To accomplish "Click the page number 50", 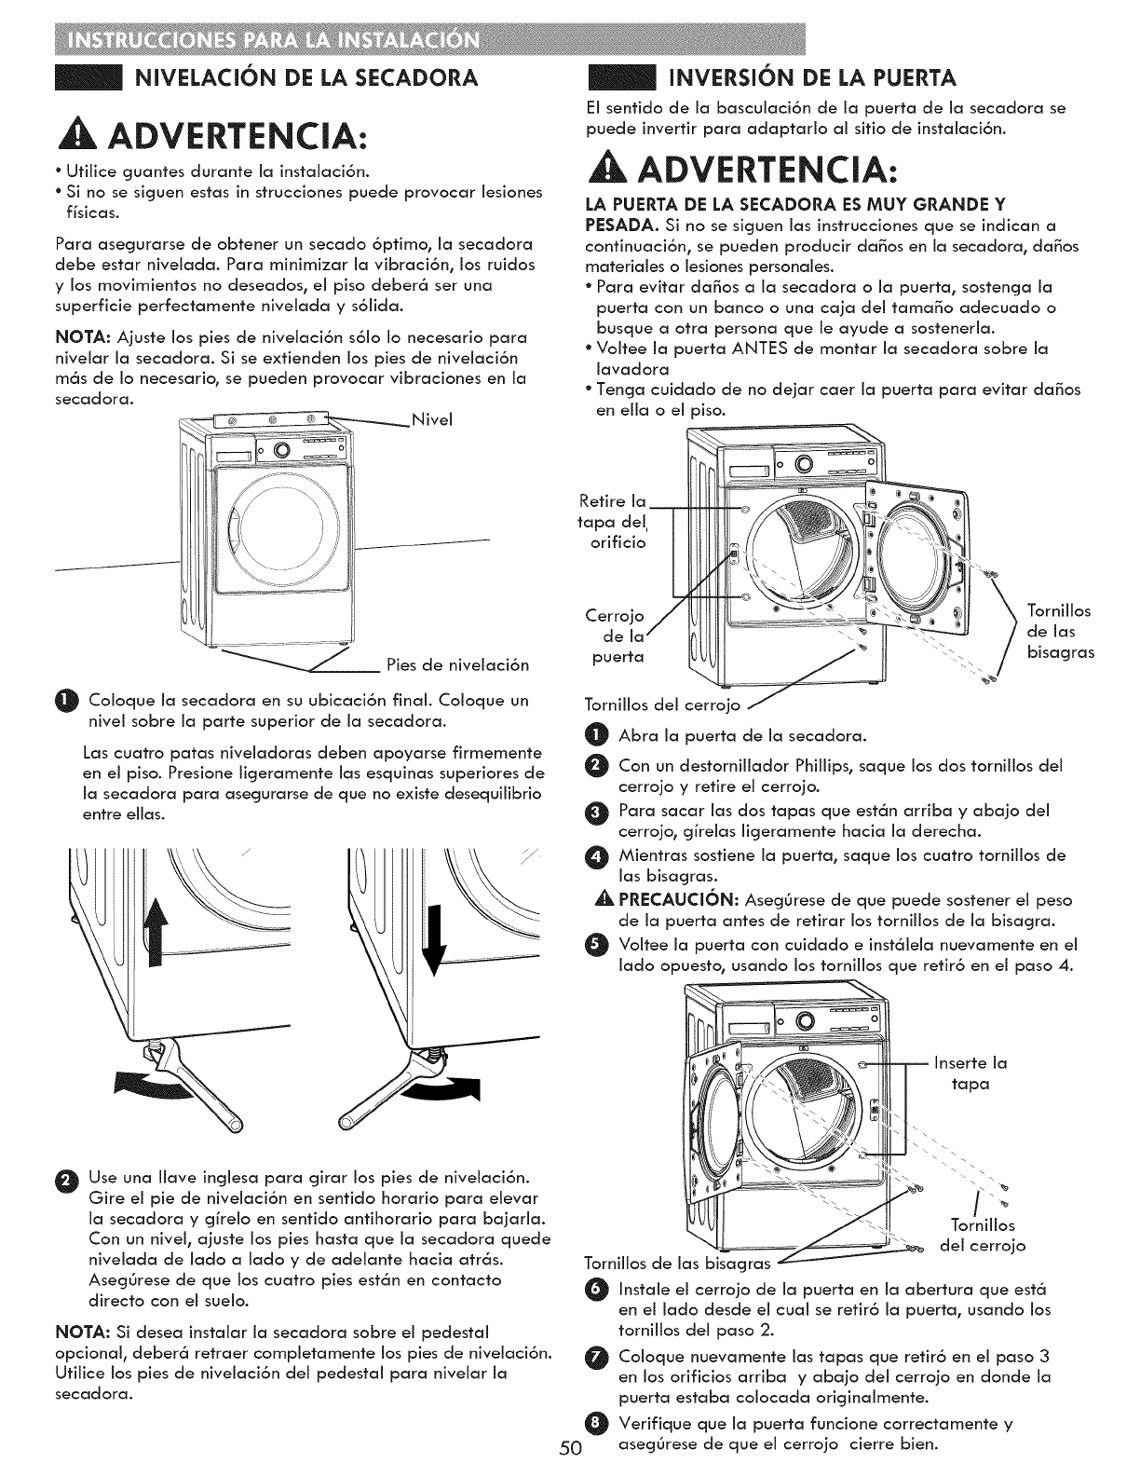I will click(571, 1448).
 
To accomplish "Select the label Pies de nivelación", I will click(456, 665).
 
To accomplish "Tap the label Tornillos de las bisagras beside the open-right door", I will click(1059, 632).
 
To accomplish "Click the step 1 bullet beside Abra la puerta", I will click(599, 736).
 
